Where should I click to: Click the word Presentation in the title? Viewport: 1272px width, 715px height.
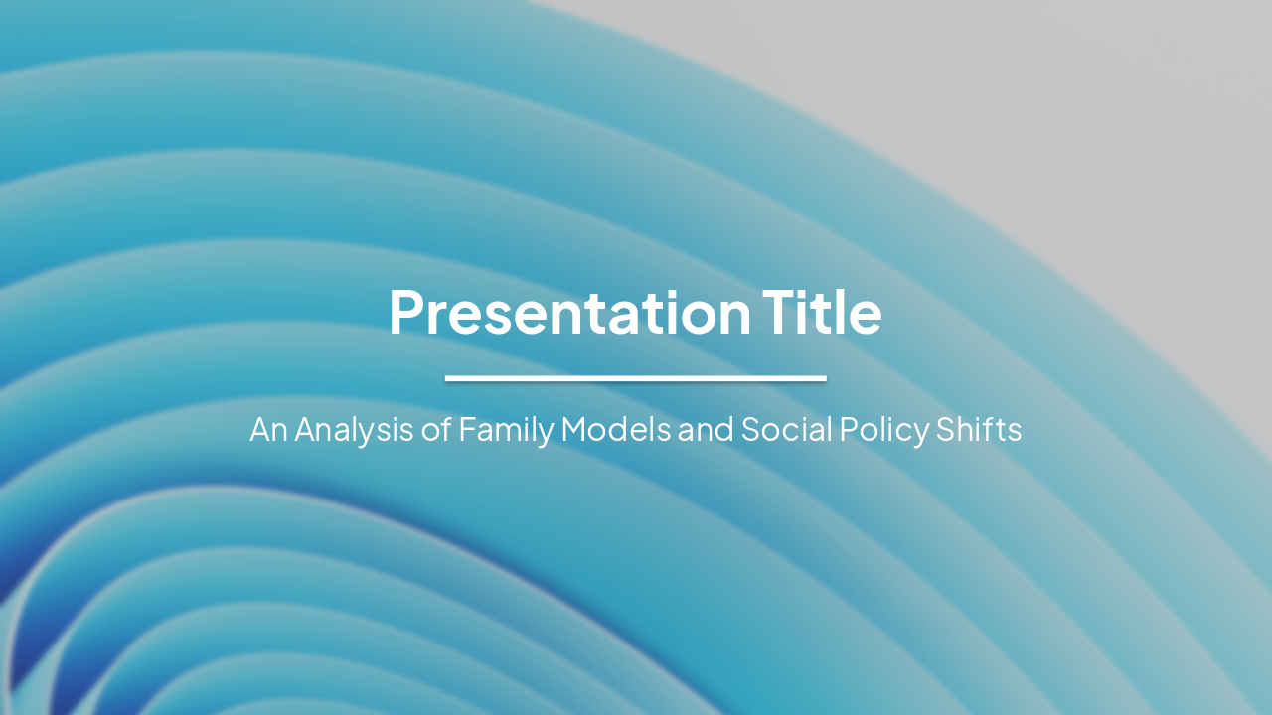pyautogui.click(x=569, y=313)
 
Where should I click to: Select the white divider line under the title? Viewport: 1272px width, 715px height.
pyautogui.click(x=636, y=378)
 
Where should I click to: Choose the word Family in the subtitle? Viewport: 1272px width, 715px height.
pyautogui.click(x=506, y=430)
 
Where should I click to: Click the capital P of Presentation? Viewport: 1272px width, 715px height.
pyautogui.click(x=405, y=313)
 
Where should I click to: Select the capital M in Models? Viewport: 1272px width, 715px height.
pyautogui.click(x=574, y=430)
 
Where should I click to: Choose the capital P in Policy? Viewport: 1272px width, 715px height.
pyautogui.click(x=847, y=430)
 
